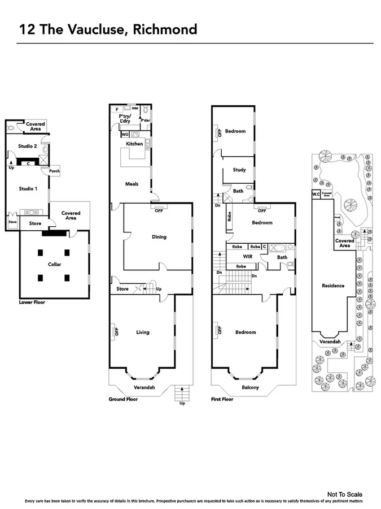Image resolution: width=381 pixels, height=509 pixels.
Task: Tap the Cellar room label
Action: (x=54, y=264)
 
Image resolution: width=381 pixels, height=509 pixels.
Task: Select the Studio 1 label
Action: (x=28, y=188)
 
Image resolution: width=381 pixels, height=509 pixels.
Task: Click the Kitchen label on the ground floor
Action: (x=134, y=144)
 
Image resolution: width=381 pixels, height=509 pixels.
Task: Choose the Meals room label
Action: (x=132, y=184)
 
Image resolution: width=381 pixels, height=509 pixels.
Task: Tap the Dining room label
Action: (x=159, y=237)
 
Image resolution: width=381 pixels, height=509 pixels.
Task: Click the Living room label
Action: (x=143, y=332)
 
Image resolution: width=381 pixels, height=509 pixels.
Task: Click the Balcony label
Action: (x=251, y=387)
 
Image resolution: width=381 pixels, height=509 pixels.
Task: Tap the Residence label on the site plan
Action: (x=333, y=286)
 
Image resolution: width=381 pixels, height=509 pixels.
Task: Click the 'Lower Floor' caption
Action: (x=32, y=303)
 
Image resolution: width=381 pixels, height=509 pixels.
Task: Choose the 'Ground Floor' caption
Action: (x=123, y=399)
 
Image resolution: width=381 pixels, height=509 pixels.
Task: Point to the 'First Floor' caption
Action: (x=222, y=399)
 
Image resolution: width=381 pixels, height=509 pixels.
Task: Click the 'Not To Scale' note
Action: (x=349, y=494)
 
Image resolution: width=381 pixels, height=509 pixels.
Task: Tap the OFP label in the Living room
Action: (x=117, y=332)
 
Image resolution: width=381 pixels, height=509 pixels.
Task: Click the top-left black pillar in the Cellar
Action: (x=42, y=252)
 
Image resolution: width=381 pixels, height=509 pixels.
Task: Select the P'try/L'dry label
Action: (x=125, y=118)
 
